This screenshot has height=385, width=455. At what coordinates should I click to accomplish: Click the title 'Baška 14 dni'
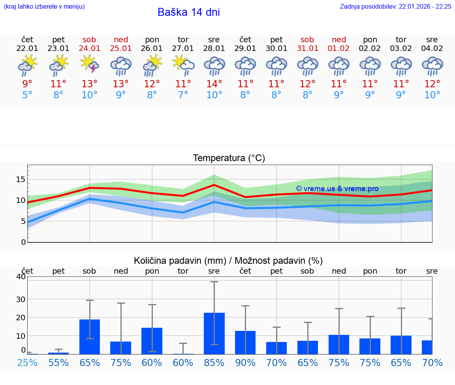pos(188,12)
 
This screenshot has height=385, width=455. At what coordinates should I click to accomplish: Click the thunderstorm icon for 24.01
pos(89,64)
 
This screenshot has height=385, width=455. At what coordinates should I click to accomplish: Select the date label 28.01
pos(214,49)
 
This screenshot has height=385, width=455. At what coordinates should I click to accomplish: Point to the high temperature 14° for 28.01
pos(214,84)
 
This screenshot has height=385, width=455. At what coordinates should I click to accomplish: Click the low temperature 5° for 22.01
pos(27,95)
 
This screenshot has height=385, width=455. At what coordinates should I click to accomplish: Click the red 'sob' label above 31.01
pos(307,40)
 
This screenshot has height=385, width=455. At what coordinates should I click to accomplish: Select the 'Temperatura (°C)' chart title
pos(229,158)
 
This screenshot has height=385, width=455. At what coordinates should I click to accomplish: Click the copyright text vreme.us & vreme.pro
pos(337,189)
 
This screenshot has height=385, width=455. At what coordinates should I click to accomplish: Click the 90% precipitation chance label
pos(245,363)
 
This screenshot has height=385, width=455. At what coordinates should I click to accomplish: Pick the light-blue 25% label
pos(27,363)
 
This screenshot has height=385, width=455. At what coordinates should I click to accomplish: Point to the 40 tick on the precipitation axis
pos(21,277)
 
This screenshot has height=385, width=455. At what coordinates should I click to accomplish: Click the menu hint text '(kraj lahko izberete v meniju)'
pos(44,7)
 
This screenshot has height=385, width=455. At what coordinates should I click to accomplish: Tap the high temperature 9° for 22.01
pos(27,84)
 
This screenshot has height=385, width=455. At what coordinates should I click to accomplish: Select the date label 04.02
pos(432,49)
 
